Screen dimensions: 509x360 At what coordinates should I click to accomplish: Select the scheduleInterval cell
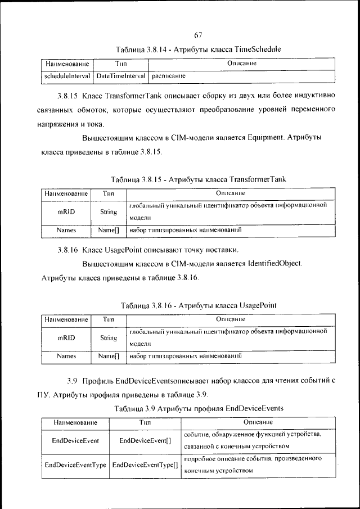67,75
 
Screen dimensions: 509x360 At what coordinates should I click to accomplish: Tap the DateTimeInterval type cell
121,75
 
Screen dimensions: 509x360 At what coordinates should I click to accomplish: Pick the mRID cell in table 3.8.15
66,212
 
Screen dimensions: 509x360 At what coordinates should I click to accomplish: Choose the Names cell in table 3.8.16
66,356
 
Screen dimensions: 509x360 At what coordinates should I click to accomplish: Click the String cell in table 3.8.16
108,338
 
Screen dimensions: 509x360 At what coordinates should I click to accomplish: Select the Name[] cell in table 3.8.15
108,230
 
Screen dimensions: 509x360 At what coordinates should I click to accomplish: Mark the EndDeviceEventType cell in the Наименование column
75,466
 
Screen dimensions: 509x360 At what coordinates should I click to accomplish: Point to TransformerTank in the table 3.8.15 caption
258,179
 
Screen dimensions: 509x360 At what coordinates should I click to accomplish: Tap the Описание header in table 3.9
258,422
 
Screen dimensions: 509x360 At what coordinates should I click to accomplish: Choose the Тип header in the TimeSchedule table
121,65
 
